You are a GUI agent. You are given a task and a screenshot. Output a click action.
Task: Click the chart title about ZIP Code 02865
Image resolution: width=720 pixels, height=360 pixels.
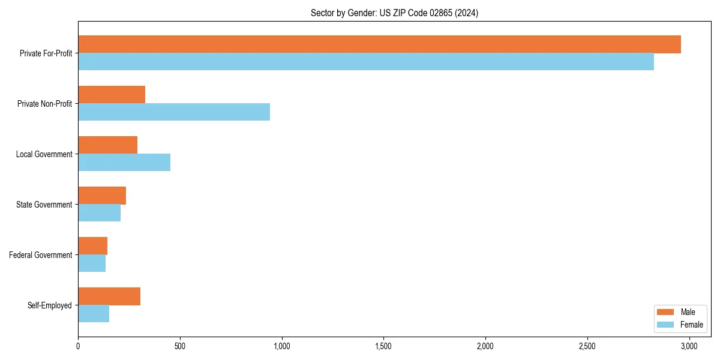coord(394,13)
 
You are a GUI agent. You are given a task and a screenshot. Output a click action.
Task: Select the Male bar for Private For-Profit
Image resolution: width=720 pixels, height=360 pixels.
coord(379,44)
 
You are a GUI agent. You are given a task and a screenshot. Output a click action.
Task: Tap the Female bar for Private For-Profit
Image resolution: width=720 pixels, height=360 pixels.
coord(366,62)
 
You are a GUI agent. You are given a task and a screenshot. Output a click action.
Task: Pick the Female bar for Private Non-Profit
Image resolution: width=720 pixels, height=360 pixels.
coord(174,112)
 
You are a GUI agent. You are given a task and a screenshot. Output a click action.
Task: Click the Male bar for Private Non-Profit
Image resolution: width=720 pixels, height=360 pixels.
coord(112,95)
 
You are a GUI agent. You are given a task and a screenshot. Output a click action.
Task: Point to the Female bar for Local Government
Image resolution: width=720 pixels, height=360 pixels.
coord(124,163)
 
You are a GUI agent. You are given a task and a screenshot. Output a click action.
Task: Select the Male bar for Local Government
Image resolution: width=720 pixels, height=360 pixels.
coord(108,145)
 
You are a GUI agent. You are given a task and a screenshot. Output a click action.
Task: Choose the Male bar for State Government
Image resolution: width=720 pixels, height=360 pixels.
coord(102,196)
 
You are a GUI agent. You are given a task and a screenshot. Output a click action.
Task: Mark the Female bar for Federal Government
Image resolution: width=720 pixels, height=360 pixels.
coord(92,263)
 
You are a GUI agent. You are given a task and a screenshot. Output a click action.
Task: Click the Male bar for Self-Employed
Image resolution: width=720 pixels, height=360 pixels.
coord(109,296)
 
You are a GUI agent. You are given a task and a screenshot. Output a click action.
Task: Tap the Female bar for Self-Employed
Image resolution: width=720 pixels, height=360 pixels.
coord(94,314)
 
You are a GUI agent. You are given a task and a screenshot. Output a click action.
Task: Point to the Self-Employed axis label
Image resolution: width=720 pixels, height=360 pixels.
coord(50,305)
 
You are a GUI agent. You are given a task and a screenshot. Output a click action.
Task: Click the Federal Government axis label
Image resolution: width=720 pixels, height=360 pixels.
coord(41,255)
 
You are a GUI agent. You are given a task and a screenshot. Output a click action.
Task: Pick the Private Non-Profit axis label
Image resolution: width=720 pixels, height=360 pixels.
coord(44,104)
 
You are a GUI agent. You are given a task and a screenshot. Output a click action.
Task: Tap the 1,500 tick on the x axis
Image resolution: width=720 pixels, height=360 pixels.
coord(383,346)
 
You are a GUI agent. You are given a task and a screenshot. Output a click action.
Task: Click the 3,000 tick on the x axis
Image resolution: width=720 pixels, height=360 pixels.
coord(689,346)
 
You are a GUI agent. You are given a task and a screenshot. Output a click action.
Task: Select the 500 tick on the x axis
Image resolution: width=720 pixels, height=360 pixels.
coord(180,346)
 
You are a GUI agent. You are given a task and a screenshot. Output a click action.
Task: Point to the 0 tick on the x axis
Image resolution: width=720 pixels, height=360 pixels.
coord(78,346)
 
